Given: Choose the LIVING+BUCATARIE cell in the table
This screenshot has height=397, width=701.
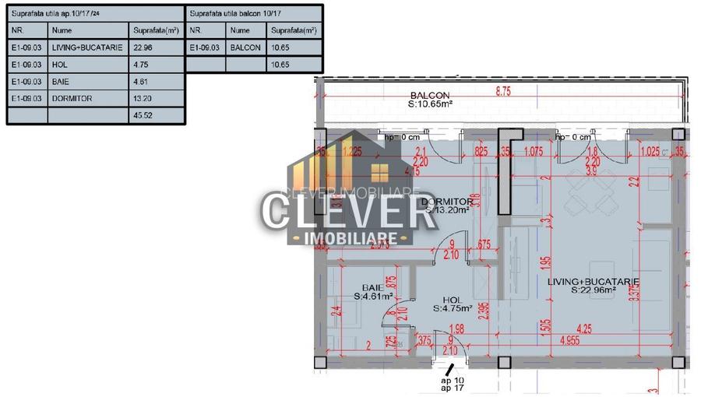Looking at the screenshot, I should [86, 47].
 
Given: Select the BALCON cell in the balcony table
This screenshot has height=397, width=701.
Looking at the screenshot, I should [245, 47].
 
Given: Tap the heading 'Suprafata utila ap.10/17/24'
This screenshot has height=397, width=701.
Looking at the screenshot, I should [55, 13].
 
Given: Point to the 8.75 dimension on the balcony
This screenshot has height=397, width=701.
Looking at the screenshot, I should [502, 91].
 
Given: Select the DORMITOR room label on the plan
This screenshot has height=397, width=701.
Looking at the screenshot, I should [446, 202].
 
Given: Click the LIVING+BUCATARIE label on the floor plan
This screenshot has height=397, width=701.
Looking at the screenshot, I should [594, 281].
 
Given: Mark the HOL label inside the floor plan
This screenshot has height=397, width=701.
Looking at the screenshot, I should [453, 299].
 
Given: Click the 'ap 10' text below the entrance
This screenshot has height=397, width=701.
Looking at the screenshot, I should [453, 379].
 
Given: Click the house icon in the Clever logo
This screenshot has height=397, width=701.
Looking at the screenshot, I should [379, 172].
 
